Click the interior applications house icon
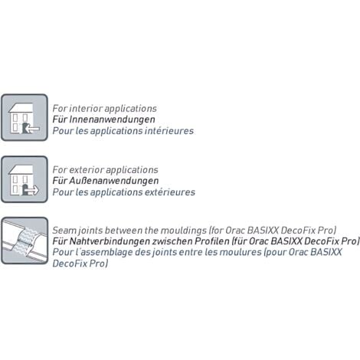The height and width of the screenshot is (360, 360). [x=25, y=117]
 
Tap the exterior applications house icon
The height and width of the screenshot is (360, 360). [x=25, y=179]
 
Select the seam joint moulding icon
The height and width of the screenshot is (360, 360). [x=25, y=241]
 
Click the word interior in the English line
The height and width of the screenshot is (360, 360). [x=86, y=108]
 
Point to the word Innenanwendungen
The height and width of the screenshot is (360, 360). [x=112, y=119]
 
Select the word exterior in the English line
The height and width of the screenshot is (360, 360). [x=87, y=170]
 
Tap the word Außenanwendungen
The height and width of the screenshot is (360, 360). [x=114, y=181]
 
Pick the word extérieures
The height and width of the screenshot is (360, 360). [x=170, y=192]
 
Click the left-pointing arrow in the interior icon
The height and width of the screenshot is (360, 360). [x=33, y=129]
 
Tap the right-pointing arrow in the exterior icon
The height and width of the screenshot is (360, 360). [x=33, y=190]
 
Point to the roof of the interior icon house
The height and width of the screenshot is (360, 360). [x=21, y=108]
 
